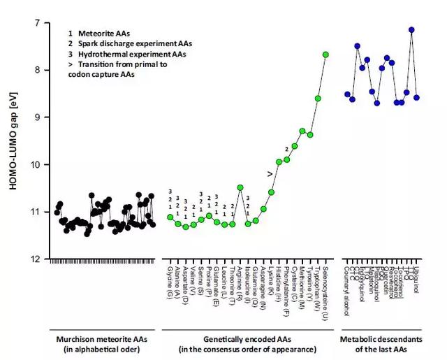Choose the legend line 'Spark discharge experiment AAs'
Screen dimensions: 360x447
tap(129, 43)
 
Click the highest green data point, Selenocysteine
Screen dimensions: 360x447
tap(325, 55)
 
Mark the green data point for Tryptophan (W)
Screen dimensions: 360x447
tap(318, 99)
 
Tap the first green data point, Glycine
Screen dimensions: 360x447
tap(170, 217)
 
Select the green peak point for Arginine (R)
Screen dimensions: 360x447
tap(240, 187)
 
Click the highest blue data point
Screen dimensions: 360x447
tap(411, 30)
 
